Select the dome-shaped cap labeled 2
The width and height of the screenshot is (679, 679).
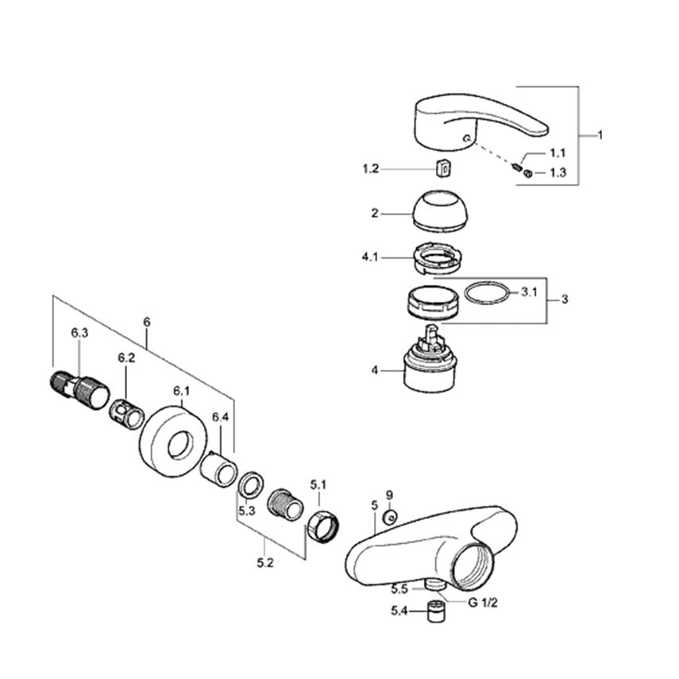[440, 211]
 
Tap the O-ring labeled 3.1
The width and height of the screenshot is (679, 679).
[486, 293]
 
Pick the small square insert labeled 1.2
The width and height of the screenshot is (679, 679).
[443, 168]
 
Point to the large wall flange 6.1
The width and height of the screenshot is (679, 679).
[174, 442]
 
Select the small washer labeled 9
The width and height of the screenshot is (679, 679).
[390, 517]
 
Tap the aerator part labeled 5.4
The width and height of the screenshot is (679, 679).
[436, 611]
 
